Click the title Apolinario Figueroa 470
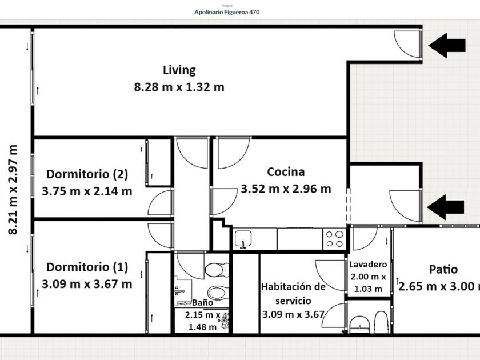227,12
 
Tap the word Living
179,70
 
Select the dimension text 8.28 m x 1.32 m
179,87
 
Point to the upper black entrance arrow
447,45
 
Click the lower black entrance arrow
445,207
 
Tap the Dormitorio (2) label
87,174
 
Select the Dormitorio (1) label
87,267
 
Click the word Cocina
286,172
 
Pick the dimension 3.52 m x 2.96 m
286,189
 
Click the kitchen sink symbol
243,239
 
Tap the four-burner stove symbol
334,239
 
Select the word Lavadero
368,264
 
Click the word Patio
443,269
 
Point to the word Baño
203,302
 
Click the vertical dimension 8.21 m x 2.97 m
13,190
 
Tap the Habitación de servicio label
293,294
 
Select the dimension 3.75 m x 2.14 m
87,191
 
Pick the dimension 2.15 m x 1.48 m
203,321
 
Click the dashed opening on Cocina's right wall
349,205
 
